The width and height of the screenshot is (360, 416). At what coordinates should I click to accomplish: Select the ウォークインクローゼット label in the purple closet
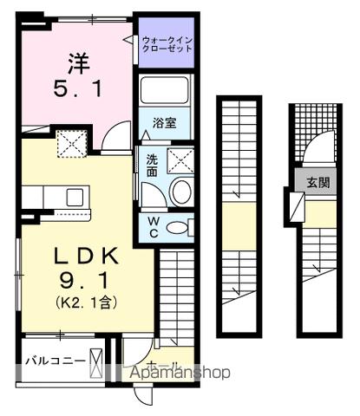tap(164, 45)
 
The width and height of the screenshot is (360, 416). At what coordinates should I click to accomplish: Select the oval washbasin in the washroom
tap(180, 192)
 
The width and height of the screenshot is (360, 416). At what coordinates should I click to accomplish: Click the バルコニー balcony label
tap(55, 359)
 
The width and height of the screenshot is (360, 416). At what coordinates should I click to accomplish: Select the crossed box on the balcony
tap(96, 359)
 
